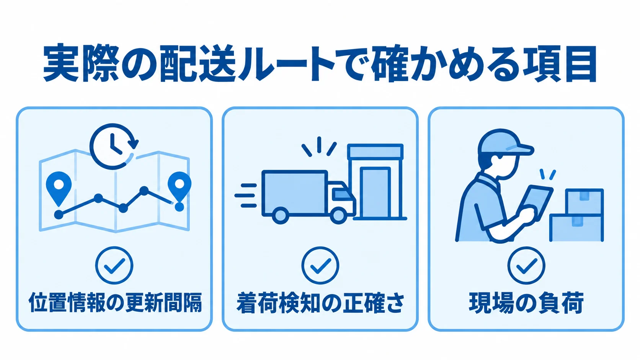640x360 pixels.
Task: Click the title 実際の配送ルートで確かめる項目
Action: (x=320, y=64)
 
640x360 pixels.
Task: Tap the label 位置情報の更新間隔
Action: (x=116, y=302)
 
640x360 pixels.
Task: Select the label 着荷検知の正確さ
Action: (x=320, y=303)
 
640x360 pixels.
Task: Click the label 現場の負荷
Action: (x=526, y=303)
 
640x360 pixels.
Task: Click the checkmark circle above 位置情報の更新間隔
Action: (x=114, y=266)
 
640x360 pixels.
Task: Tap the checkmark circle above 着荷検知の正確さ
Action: (x=320, y=266)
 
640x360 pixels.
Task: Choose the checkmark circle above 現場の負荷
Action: (x=526, y=266)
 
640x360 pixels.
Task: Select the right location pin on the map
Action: (x=180, y=187)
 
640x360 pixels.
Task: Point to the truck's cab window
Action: (x=342, y=194)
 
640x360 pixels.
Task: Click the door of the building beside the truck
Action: (x=375, y=193)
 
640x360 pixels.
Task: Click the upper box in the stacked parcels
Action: (x=584, y=201)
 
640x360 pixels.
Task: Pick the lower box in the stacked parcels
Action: (x=576, y=228)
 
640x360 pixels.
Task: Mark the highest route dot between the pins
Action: (x=144, y=191)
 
